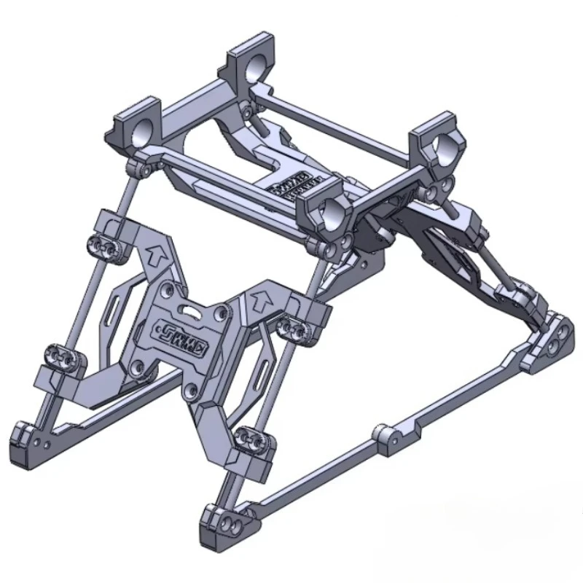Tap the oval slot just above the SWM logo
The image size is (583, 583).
coord(190,311)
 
